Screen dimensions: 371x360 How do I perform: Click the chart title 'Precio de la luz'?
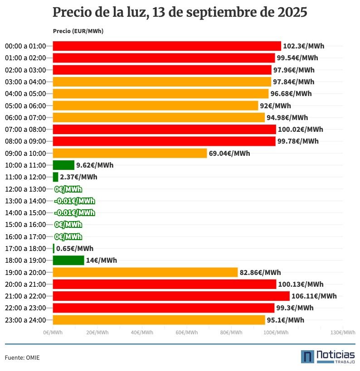click(x=180, y=12)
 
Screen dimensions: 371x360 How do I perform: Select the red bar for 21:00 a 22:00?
click(x=171, y=296)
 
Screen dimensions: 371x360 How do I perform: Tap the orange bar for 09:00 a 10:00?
click(x=130, y=153)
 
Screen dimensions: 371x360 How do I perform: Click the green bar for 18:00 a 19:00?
click(x=68, y=260)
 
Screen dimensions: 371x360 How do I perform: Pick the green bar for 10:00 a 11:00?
click(x=63, y=165)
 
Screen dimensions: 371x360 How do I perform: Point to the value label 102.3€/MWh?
click(x=303, y=46)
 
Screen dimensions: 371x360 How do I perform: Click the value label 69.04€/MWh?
click(x=229, y=153)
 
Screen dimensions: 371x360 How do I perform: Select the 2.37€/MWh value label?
click(x=78, y=177)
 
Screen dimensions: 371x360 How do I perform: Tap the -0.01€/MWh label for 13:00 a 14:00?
click(x=74, y=201)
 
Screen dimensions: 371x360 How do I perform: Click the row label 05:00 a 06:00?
click(x=25, y=106)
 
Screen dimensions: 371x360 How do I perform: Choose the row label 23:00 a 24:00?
click(x=25, y=320)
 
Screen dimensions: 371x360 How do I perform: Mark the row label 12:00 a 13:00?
click(x=25, y=189)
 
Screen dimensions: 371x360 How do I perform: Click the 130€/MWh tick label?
click(x=343, y=332)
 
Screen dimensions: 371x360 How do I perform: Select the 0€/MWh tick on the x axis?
click(x=53, y=332)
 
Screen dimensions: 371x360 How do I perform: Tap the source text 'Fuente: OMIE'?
click(x=22, y=357)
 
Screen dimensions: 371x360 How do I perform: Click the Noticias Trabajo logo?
click(x=327, y=357)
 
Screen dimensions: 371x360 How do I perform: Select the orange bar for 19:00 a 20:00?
click(x=145, y=272)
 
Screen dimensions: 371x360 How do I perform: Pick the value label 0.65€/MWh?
click(x=75, y=248)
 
